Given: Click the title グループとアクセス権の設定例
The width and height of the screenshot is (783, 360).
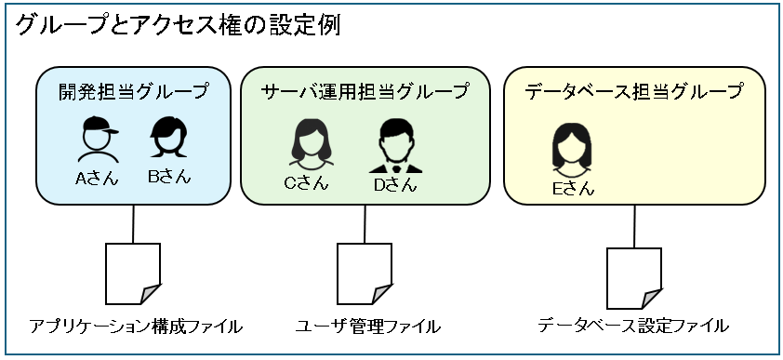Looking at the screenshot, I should click(x=178, y=25).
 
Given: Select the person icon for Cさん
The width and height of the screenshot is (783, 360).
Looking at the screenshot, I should click(x=306, y=144).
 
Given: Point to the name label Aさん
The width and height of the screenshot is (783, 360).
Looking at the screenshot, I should click(x=97, y=178).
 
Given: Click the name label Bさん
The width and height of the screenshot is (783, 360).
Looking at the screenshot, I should click(x=168, y=177).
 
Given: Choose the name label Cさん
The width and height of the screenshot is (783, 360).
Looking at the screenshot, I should click(x=306, y=183).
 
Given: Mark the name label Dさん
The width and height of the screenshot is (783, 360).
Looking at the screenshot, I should click(x=395, y=184).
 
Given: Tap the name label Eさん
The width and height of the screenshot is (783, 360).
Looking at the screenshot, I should click(x=572, y=190).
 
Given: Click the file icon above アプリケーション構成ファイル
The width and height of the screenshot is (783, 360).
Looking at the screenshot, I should click(x=133, y=273).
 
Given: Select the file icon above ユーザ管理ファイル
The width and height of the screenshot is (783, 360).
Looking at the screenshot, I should click(x=364, y=273).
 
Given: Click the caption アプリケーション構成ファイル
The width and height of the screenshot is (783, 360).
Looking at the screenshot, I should click(x=136, y=327).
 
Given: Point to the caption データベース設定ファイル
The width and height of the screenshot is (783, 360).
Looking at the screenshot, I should click(x=633, y=326).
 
